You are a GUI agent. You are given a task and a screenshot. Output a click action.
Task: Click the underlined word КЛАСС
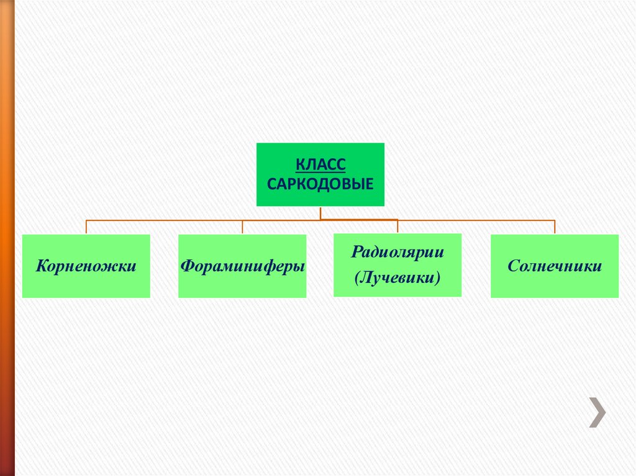[x=320, y=165]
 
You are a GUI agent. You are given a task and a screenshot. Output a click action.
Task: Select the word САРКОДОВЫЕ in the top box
[x=320, y=184]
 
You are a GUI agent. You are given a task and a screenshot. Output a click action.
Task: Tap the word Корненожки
[x=86, y=266]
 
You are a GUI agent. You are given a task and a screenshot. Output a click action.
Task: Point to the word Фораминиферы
[x=242, y=266]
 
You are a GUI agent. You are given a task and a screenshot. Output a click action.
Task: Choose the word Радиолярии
[x=397, y=253]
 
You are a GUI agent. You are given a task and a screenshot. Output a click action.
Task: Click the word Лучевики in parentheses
[x=397, y=278]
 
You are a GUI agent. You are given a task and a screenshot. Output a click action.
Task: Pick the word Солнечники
[x=555, y=266]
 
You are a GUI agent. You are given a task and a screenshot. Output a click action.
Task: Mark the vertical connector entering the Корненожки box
[x=86, y=227]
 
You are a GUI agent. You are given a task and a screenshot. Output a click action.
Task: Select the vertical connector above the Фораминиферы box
[x=242, y=227]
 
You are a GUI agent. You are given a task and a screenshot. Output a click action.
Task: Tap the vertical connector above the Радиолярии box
[x=397, y=227]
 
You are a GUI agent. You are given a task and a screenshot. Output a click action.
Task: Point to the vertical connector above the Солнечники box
[x=555, y=227]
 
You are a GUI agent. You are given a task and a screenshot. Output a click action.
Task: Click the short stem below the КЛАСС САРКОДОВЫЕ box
[x=320, y=213]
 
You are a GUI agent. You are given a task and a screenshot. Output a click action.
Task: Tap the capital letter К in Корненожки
[x=41, y=266]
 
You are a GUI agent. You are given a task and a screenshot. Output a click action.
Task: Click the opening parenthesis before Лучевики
[x=358, y=279]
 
